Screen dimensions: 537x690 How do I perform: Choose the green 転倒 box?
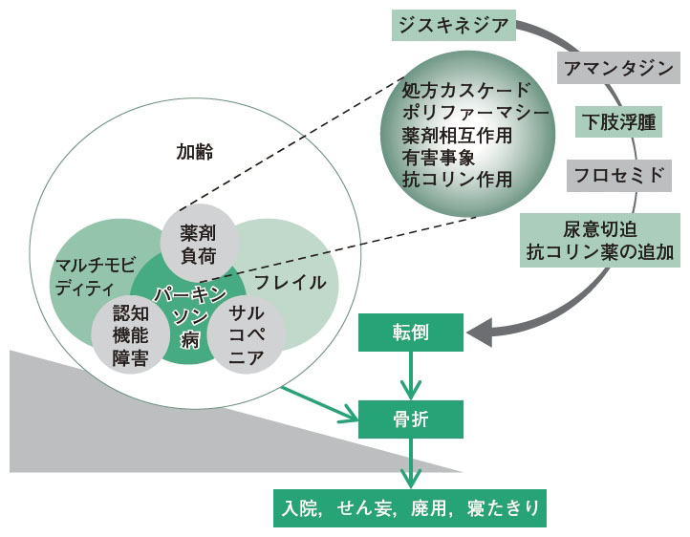pyautogui.click(x=412, y=333)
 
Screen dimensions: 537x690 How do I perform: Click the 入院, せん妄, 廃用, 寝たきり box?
pyautogui.click(x=411, y=507)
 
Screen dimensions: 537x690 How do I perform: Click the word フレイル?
pyautogui.click(x=290, y=283)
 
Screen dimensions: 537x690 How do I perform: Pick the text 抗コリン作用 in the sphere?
pyautogui.click(x=458, y=179)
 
